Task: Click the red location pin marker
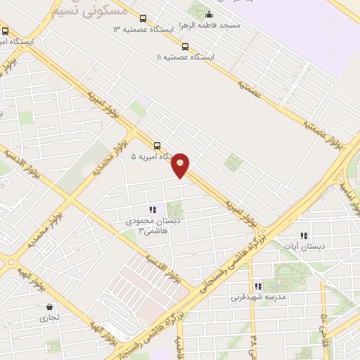tap(181, 165)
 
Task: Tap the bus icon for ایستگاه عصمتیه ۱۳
tap(143, 19)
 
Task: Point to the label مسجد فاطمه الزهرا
tap(210, 25)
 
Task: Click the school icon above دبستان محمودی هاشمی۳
tap(152, 210)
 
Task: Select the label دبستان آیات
tap(300, 246)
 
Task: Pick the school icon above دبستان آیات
tap(304, 236)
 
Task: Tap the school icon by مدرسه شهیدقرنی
tap(258, 286)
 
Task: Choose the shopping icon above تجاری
tap(49, 307)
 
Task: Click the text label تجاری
tap(49, 318)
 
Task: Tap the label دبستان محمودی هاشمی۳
tap(162, 224)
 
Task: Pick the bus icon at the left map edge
tap(6, 31)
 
